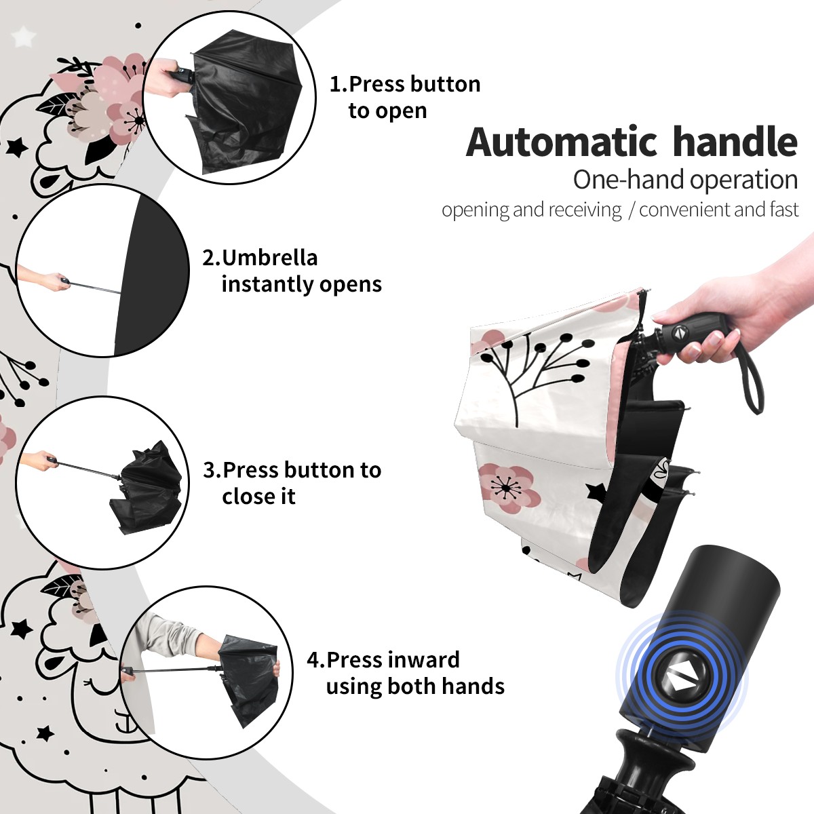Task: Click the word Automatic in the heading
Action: click(x=562, y=142)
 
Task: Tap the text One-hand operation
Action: click(x=685, y=180)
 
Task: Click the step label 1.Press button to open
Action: click(x=405, y=97)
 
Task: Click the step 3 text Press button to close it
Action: click(x=301, y=483)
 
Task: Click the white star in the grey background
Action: click(x=24, y=37)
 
